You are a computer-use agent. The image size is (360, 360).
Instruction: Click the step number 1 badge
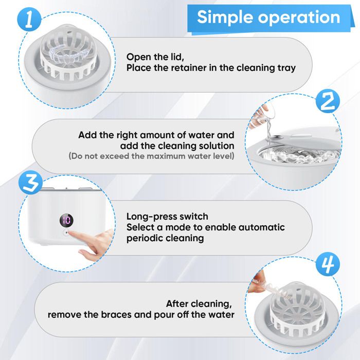pyautogui.click(x=29, y=20)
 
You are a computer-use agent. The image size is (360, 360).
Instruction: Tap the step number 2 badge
pyautogui.click(x=328, y=101)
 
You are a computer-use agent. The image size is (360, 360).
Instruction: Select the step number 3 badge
pyautogui.click(x=30, y=183)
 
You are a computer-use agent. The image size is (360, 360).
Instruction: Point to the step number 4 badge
pyautogui.click(x=328, y=264)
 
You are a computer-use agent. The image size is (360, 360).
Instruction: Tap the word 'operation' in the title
pyautogui.click(x=299, y=17)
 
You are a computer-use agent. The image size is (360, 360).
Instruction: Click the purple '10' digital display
pyautogui.click(x=66, y=220)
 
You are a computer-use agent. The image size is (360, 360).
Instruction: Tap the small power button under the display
pyautogui.click(x=66, y=232)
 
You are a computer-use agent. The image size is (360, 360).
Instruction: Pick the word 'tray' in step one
pyautogui.click(x=286, y=68)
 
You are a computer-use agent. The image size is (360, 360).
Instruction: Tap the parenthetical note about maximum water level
pyautogui.click(x=151, y=156)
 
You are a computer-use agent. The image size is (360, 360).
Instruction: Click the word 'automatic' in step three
pyautogui.click(x=262, y=227)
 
